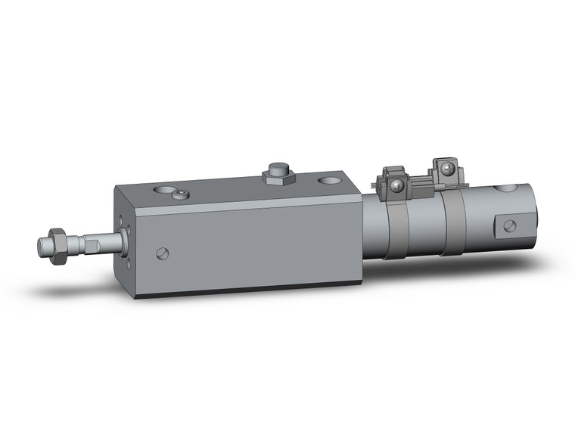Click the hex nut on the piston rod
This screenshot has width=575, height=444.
[x=57, y=246]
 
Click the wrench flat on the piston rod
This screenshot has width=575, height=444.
[x=92, y=244]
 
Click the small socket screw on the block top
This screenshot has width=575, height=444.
[x=179, y=195]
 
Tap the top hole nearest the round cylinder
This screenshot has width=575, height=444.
[x=329, y=182]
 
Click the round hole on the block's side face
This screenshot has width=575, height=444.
[x=162, y=253]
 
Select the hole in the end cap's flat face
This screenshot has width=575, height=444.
[x=510, y=225]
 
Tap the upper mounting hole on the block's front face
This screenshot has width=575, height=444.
[x=123, y=220]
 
